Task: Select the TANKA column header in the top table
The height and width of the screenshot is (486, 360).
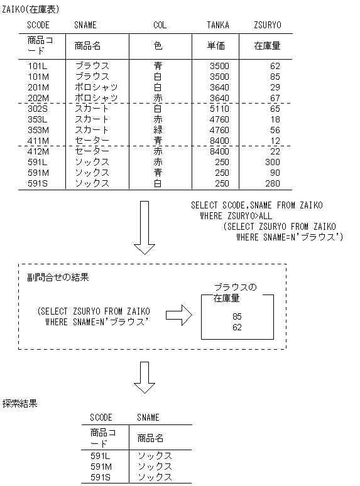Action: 218,25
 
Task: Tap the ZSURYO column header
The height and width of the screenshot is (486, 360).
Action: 267,25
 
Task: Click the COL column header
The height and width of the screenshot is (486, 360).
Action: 160,25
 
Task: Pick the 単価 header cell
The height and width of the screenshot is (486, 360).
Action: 215,46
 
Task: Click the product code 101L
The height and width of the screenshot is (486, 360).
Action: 38,65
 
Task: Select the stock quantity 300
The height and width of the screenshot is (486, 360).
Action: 272,161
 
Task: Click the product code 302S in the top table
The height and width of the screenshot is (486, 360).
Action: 38,108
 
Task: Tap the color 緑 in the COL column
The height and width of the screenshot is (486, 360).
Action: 158,129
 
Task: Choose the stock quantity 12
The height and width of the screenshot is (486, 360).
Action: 275,140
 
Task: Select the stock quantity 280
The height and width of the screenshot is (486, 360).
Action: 272,183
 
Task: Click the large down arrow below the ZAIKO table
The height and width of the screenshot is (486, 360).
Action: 145,227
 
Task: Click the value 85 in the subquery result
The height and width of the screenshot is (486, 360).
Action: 237,316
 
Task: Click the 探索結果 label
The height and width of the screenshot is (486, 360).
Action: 20,404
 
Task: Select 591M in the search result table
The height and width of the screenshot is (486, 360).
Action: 101,467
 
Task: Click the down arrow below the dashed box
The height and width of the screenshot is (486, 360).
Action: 145,375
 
